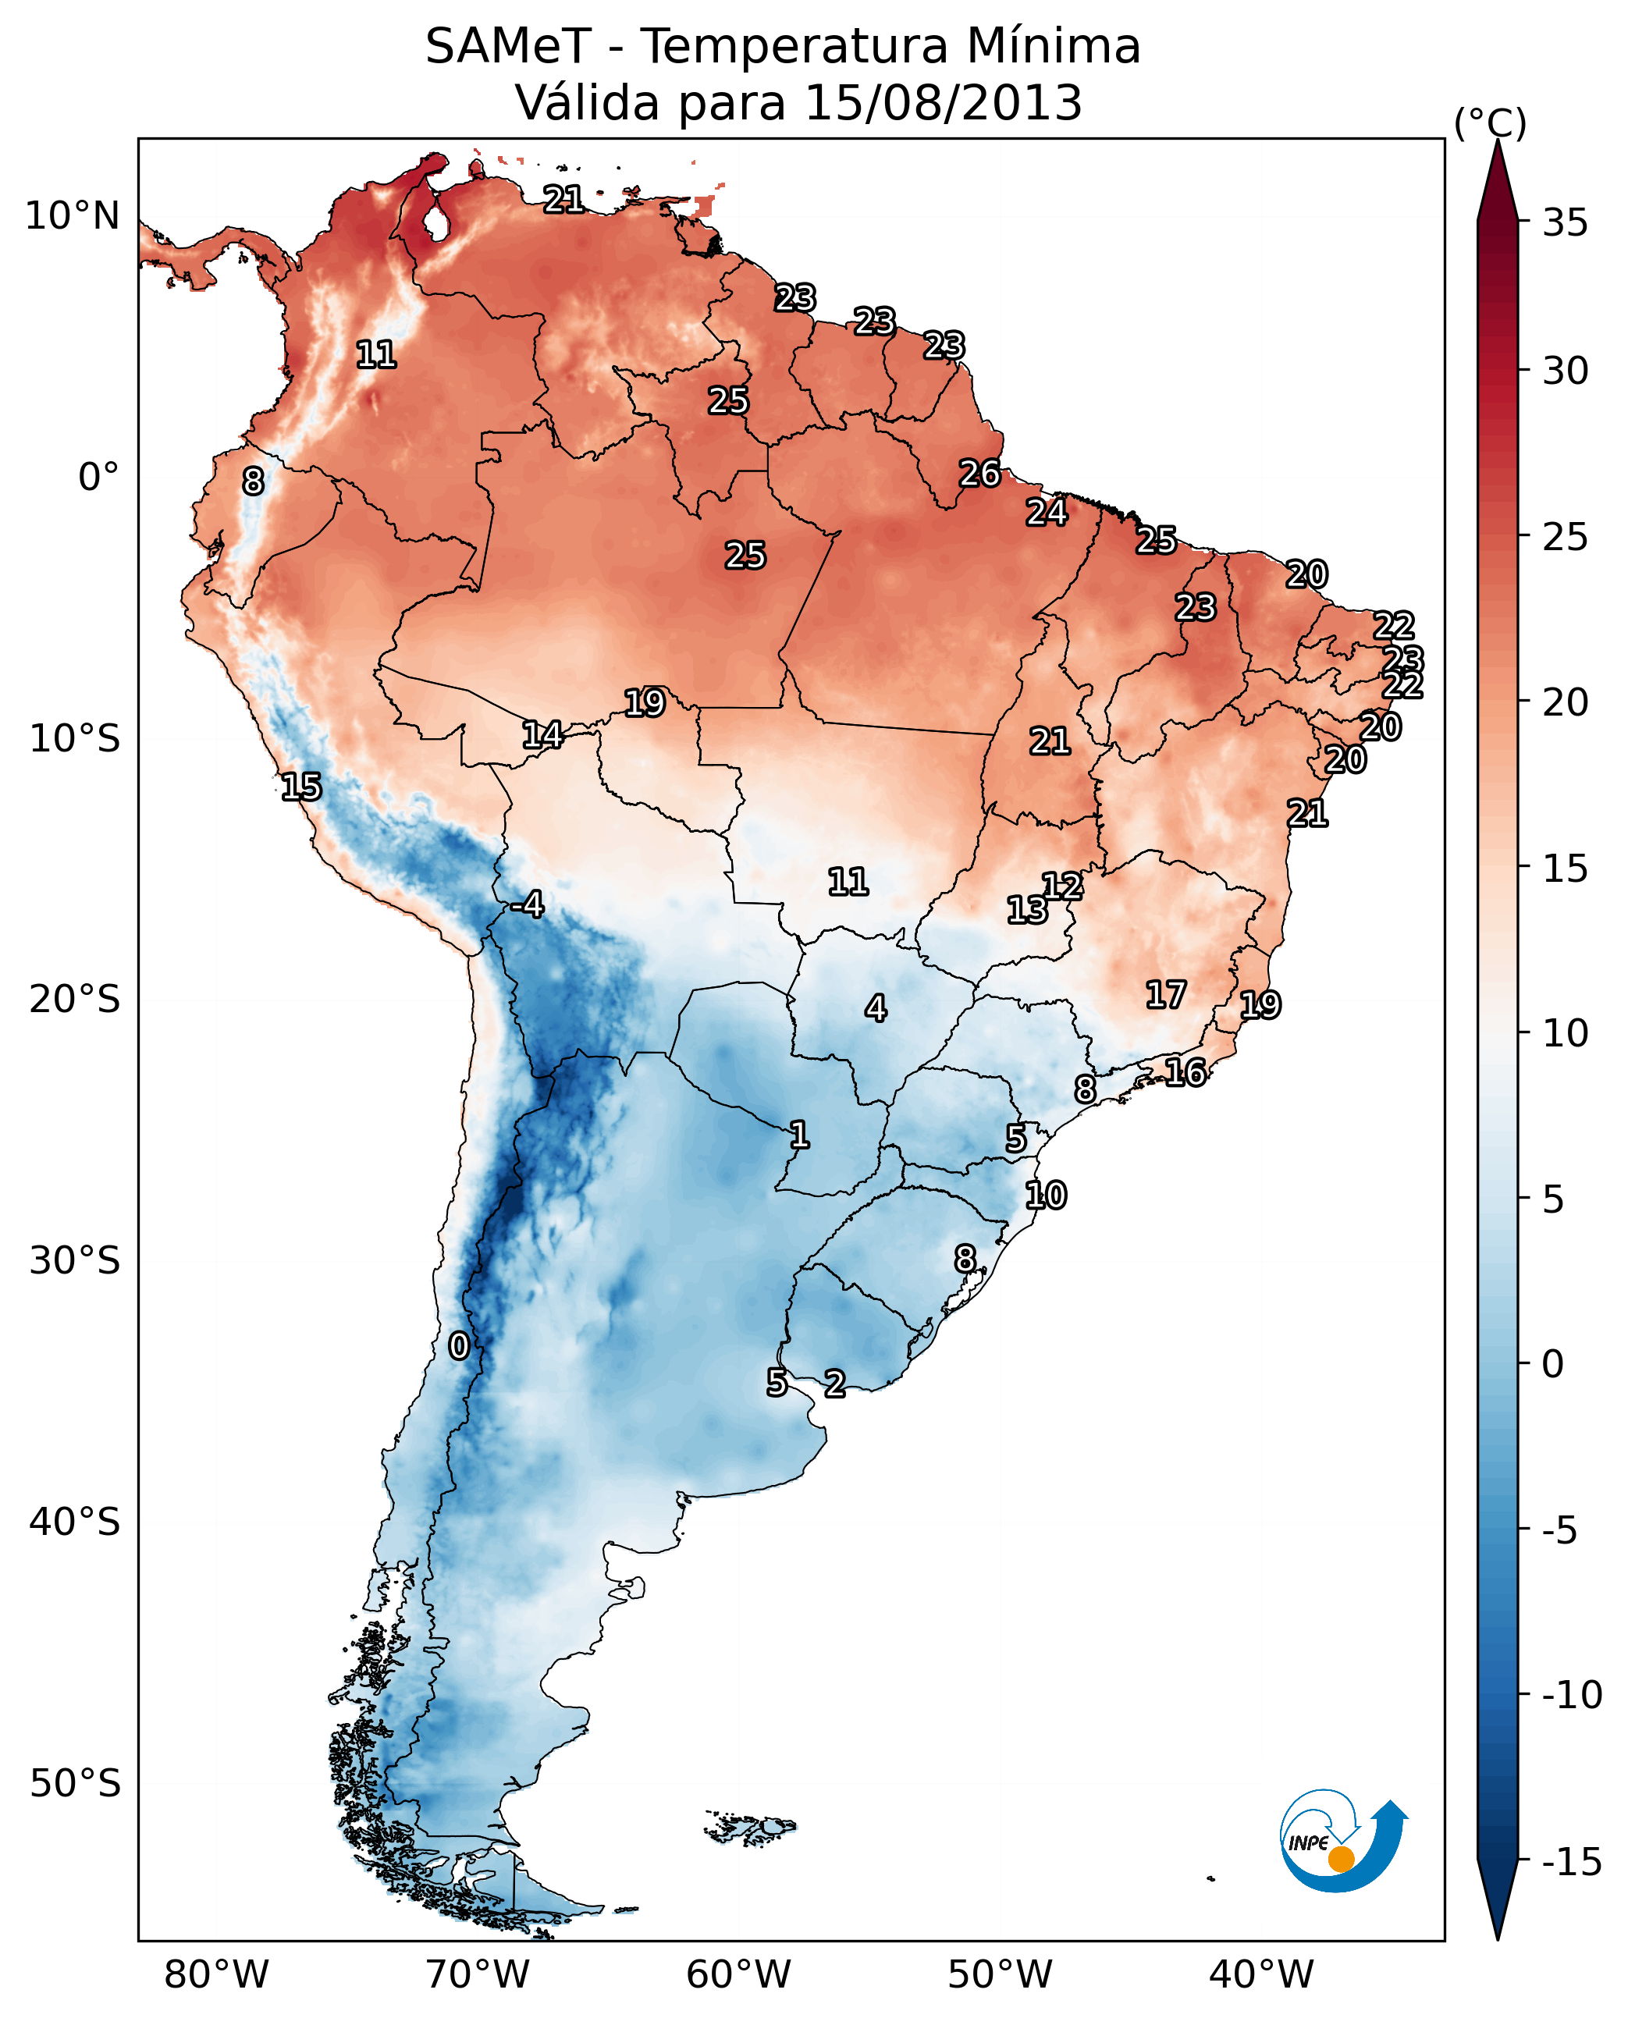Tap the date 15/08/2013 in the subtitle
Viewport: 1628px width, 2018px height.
pos(944,102)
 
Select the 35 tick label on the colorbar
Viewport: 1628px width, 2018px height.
pos(1565,223)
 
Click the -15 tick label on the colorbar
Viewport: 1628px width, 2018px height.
pos(1572,1861)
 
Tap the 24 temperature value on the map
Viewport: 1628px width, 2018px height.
pos(1047,512)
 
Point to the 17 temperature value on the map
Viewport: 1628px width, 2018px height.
pos(1166,995)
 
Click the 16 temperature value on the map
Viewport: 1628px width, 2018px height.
pos(1185,1072)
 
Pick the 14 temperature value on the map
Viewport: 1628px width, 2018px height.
pos(542,735)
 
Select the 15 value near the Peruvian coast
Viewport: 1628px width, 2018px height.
pos(301,787)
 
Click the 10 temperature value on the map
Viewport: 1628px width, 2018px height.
pos(1046,1196)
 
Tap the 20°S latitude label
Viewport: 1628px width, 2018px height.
pos(75,1000)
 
